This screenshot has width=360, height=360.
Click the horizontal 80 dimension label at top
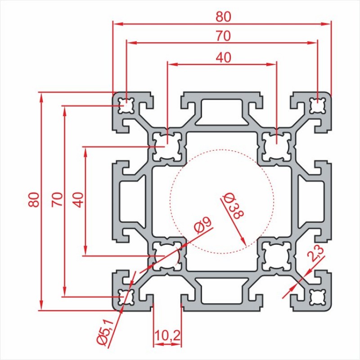point(223,17)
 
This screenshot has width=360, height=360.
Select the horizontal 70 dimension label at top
point(223,36)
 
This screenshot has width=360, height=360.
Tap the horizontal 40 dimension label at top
point(223,58)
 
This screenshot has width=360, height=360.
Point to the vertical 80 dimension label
point(34,199)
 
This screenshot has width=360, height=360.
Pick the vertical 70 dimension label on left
point(57,199)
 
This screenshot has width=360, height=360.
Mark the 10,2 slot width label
point(167,336)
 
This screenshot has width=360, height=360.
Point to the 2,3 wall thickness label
point(315,253)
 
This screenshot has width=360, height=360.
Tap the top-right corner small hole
point(318,106)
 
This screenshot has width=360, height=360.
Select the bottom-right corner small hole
point(318,297)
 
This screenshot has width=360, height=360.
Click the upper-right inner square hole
point(276,147)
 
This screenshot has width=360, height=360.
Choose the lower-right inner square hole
point(276,256)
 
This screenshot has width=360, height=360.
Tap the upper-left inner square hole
point(167,147)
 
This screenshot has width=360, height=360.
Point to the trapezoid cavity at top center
point(222,112)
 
